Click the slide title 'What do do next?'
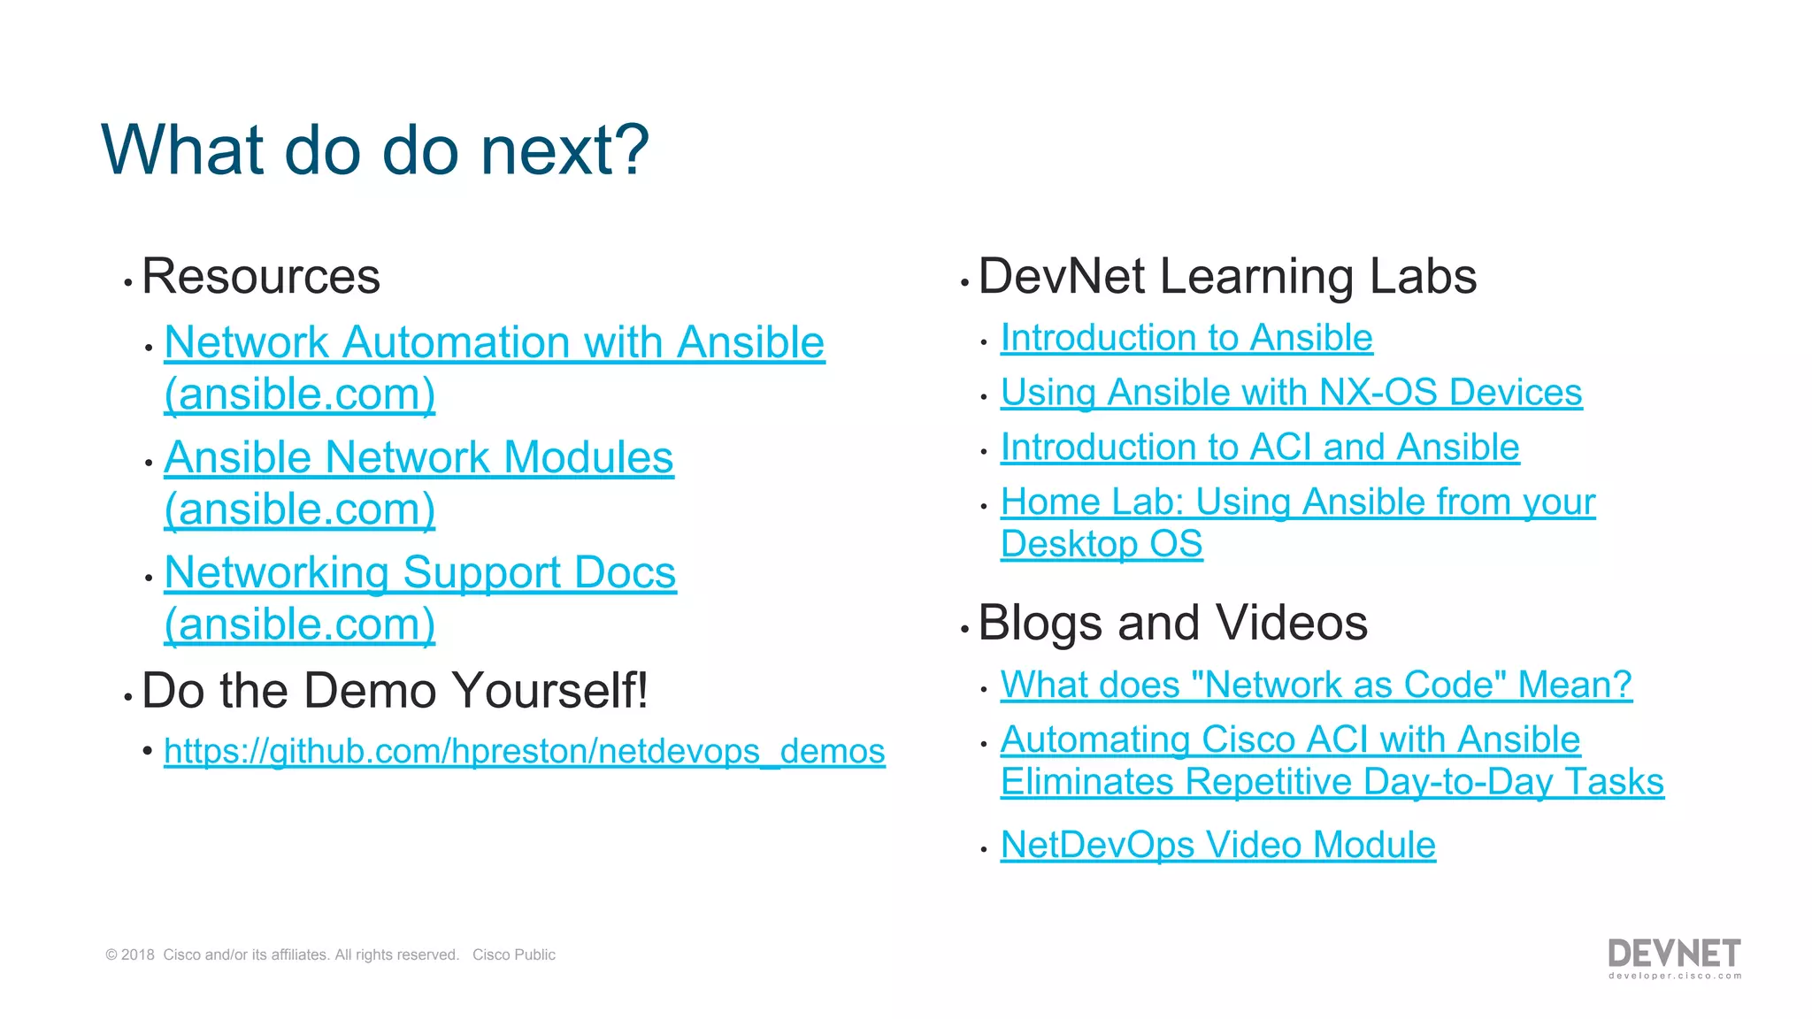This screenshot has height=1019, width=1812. tap(375, 149)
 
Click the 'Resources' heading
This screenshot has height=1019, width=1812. tap(261, 276)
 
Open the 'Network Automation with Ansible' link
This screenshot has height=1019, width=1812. tap(494, 342)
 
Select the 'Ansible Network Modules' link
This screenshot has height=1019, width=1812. tap(418, 458)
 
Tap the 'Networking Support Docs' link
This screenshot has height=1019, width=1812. tap(420, 573)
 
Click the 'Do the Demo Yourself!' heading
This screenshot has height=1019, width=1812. tap(395, 690)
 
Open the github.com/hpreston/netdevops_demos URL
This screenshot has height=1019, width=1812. tap(524, 751)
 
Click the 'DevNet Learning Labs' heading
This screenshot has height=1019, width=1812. tap(1227, 276)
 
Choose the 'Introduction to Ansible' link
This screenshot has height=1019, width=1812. tap(1186, 338)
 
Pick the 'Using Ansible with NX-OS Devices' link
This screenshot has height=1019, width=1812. tap(1291, 393)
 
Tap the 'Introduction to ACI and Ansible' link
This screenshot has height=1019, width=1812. tap(1260, 448)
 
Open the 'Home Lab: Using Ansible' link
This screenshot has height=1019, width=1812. tap(1298, 502)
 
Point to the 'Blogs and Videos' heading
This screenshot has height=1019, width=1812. tap(1172, 623)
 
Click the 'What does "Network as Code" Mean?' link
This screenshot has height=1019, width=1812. tap(1316, 685)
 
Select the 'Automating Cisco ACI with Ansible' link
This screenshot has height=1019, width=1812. tap(1290, 739)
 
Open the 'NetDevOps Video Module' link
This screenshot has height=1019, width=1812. tap(1217, 845)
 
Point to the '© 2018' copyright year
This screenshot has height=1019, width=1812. tap(130, 955)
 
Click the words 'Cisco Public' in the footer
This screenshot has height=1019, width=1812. tap(513, 955)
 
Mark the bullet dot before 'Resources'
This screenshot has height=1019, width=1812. tap(128, 283)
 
